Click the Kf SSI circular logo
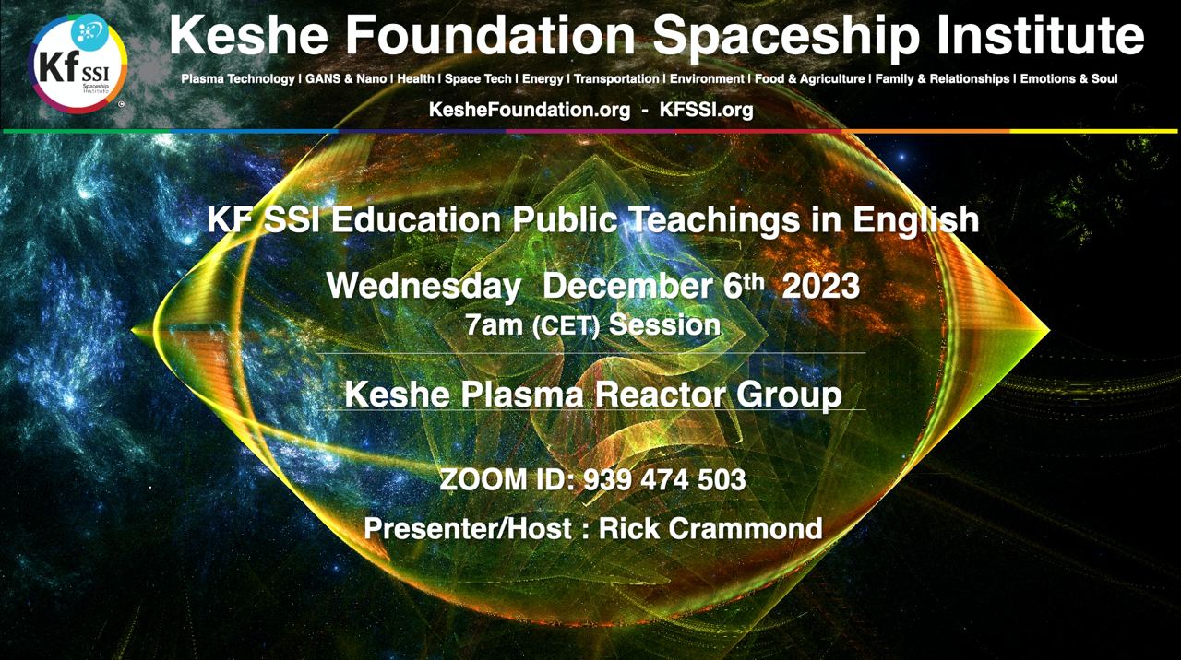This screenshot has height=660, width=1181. click(x=78, y=64)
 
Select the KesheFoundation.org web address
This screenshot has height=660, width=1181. click(x=530, y=110)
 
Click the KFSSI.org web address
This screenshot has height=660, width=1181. click(x=706, y=110)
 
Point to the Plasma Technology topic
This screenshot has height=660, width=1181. click(x=238, y=79)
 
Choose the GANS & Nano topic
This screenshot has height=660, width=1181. click(x=346, y=79)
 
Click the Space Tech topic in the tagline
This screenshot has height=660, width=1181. click(x=478, y=79)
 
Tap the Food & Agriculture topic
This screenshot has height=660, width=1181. click(x=810, y=79)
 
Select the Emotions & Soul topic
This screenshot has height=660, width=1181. click(x=1068, y=79)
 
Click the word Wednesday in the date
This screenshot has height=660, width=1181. click(x=423, y=287)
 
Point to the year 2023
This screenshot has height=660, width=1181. click(x=820, y=287)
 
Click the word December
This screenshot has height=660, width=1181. click(x=628, y=287)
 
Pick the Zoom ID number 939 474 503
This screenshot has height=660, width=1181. click(x=665, y=479)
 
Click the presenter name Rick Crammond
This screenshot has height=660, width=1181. click(x=710, y=528)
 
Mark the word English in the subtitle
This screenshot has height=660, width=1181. click(x=916, y=220)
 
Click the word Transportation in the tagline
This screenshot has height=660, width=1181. click(x=616, y=79)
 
